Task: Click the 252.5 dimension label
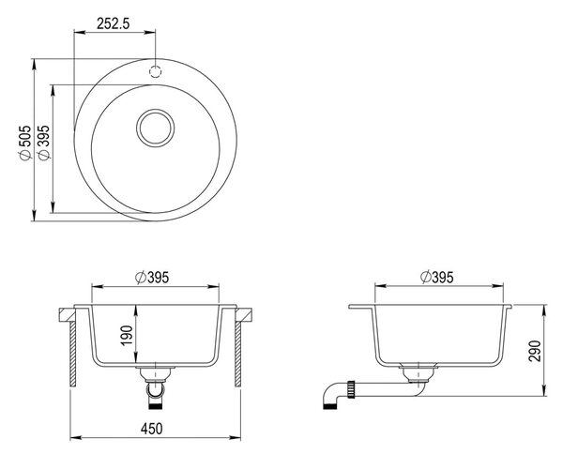[114, 23]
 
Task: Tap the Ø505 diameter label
[26, 143]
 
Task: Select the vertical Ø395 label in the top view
[44, 143]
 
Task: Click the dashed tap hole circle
[156, 72]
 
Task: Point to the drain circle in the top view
[156, 129]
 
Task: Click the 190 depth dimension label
[127, 336]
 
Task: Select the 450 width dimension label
[151, 429]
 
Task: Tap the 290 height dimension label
[535, 351]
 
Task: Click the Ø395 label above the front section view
[152, 278]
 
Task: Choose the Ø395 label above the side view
[436, 277]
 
